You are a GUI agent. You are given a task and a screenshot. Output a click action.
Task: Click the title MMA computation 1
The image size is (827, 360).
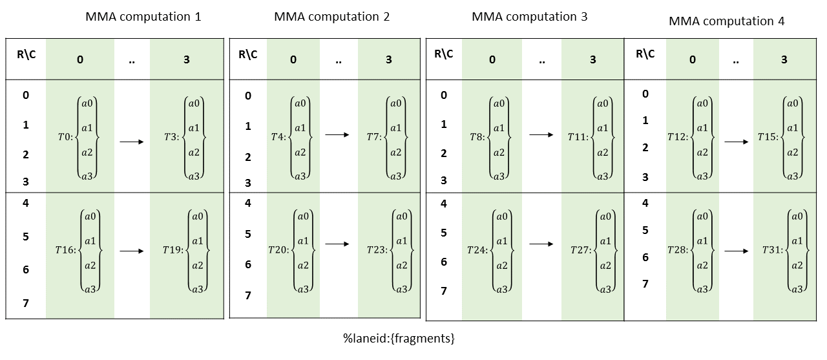coord(143,17)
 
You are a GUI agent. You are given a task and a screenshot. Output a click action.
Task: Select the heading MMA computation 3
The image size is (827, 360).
coord(529,17)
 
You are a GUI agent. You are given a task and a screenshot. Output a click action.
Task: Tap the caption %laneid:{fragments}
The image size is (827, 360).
coord(399,338)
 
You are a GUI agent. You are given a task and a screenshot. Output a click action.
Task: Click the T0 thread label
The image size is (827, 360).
coord(65,138)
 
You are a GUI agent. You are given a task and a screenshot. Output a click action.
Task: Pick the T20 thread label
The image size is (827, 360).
coord(279,249)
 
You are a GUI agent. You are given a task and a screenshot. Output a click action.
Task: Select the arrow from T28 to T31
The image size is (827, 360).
coord(736,249)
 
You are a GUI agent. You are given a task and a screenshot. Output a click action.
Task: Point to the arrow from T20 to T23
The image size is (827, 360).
coord(337,244)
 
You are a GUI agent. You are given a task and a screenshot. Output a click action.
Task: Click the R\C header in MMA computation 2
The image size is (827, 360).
coord(248,54)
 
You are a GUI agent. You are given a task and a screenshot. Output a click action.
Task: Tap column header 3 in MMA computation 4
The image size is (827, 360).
coord(784,59)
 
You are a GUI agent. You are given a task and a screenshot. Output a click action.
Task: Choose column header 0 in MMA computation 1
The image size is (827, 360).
coord(80,59)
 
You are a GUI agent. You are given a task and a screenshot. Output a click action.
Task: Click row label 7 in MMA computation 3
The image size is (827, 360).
coord(444,291)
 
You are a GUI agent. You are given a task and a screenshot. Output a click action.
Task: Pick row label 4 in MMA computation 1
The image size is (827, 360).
coord(26,202)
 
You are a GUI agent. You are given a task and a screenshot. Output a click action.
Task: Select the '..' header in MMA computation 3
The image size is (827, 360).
coord(541,60)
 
